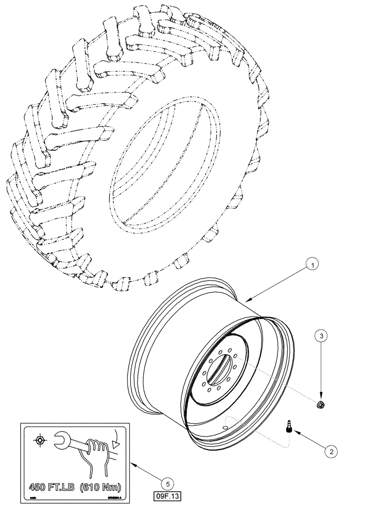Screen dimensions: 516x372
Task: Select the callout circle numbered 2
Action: pos(331,450)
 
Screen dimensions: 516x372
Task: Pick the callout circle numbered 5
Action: pos(166,483)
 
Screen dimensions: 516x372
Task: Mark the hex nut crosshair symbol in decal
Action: pos(38,440)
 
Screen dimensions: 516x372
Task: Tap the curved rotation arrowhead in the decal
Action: pos(117,443)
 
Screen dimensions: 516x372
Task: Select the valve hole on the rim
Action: pos(226,427)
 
